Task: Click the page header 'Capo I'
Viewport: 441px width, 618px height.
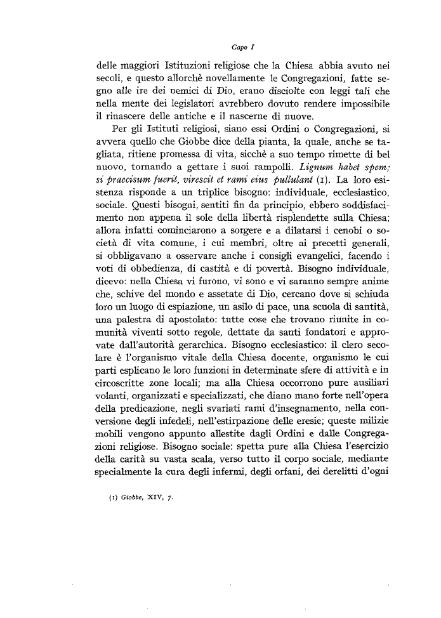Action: [244, 46]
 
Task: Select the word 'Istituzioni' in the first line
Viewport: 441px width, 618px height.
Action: [190, 65]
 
